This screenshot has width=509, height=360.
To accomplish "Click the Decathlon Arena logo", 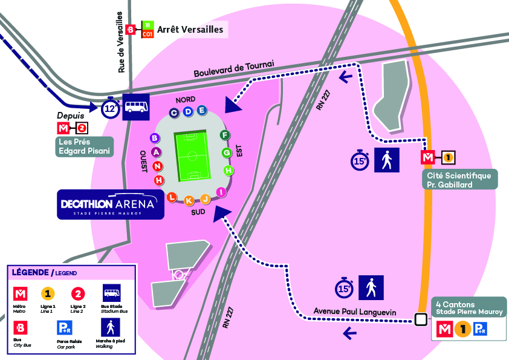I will click(111, 205).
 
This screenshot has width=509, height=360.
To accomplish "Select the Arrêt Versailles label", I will click(190, 29).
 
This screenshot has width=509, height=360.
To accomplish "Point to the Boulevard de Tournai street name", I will click(234, 68).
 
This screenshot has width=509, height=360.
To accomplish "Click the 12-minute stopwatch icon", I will click(109, 108).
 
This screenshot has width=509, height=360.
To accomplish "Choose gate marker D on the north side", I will click(188, 111).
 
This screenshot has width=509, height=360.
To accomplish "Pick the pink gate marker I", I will click(221, 192).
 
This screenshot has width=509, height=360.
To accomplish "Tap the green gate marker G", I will click(227, 152).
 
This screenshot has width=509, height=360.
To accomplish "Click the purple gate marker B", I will click(155, 138).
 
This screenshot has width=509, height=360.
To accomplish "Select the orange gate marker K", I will click(189, 200).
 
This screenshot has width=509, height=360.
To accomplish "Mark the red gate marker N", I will click(157, 166).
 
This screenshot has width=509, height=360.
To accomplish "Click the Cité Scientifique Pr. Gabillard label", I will click(459, 179).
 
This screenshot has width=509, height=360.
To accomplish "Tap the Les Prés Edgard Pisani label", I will click(85, 147).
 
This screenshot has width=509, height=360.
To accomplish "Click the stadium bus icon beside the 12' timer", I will click(136, 108).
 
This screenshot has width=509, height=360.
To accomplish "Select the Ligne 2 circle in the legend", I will click(77, 294).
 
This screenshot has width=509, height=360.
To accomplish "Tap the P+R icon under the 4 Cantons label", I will click(481, 330).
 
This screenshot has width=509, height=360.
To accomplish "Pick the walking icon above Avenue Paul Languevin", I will click(371, 287).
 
